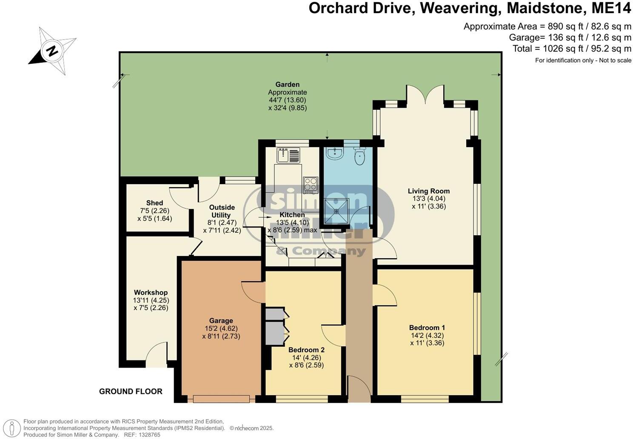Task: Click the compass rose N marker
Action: coord(52,51)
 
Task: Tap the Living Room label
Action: coord(428,191)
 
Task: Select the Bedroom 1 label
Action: coord(427,328)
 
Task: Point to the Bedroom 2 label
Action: coord(306,350)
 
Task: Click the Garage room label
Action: coord(221,321)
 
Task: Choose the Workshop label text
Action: coord(151,293)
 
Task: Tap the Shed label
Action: coord(154,203)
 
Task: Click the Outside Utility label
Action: coord(221,211)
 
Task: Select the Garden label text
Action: coord(287,85)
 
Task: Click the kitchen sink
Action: coord(288,155)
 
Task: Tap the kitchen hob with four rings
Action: coord(310,185)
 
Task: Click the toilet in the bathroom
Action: coord(359,156)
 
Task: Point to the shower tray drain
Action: coord(336,211)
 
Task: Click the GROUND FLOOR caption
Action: coord(131,391)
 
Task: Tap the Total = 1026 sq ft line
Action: coord(571,48)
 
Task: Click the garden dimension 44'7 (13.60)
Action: coord(287,100)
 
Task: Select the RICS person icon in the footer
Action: coord(14,428)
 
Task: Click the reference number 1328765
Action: coord(148,435)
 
